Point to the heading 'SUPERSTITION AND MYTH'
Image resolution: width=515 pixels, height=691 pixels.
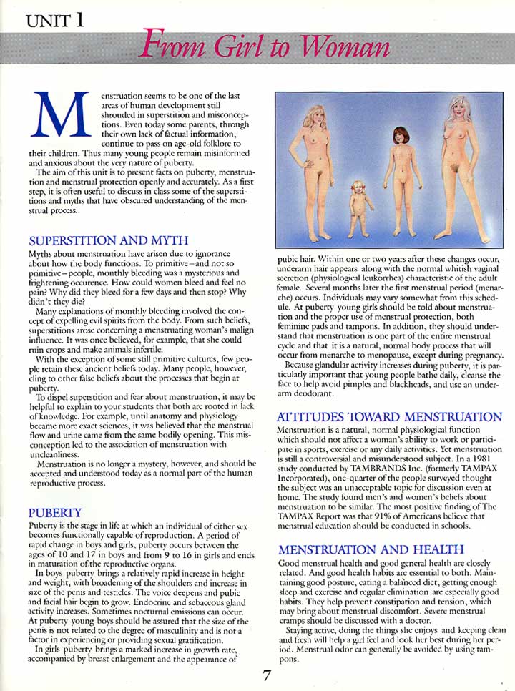[107, 240]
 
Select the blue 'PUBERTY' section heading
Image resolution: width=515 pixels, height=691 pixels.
[54, 512]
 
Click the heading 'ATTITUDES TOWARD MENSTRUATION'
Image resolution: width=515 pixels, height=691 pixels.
[388, 416]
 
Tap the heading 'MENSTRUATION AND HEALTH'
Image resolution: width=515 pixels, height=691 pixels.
[370, 549]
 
